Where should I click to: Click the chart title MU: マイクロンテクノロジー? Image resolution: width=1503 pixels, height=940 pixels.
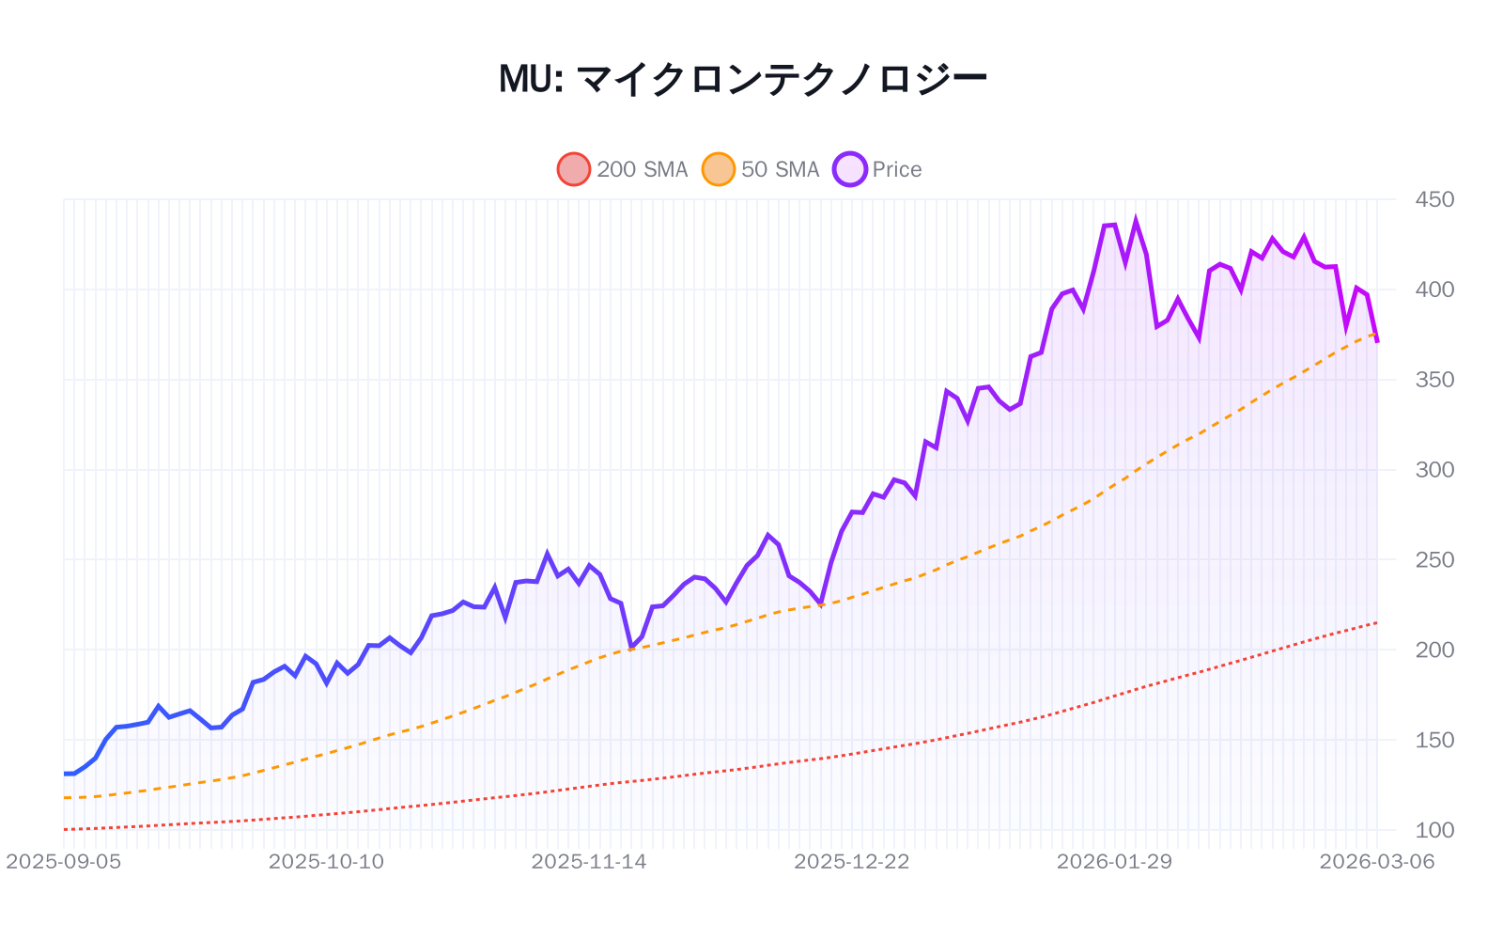(742, 79)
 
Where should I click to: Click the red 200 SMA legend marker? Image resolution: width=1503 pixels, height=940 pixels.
(574, 169)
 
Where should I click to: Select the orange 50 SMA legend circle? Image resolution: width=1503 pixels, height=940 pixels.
(719, 169)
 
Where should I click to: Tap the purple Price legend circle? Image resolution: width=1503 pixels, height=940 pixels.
(850, 169)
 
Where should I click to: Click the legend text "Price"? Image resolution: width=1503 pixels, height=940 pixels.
(897, 169)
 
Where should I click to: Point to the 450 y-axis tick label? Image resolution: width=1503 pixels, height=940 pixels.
(1434, 199)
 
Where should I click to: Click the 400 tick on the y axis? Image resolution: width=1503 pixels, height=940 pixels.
(1434, 290)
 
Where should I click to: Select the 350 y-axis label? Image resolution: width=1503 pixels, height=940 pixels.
(1434, 380)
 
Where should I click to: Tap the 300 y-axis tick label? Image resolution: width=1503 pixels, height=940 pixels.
(1434, 470)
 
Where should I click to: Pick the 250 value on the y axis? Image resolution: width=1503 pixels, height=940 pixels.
(1434, 560)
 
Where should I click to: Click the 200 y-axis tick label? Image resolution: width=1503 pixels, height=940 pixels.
(1434, 650)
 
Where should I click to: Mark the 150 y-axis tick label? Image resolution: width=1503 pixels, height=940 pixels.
(1434, 740)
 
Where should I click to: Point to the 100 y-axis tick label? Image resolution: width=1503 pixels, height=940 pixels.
(1434, 830)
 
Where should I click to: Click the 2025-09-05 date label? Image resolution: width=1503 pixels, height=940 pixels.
(64, 862)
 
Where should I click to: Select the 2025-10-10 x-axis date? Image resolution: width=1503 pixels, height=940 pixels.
(326, 862)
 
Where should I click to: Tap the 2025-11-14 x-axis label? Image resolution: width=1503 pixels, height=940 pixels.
(589, 862)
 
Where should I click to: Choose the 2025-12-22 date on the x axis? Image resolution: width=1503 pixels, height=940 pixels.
(852, 862)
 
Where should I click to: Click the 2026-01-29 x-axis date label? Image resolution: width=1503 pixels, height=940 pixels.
(1114, 862)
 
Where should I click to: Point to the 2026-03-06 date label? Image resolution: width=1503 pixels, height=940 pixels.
(1377, 862)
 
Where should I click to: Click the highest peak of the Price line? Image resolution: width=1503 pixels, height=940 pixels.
(1136, 222)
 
